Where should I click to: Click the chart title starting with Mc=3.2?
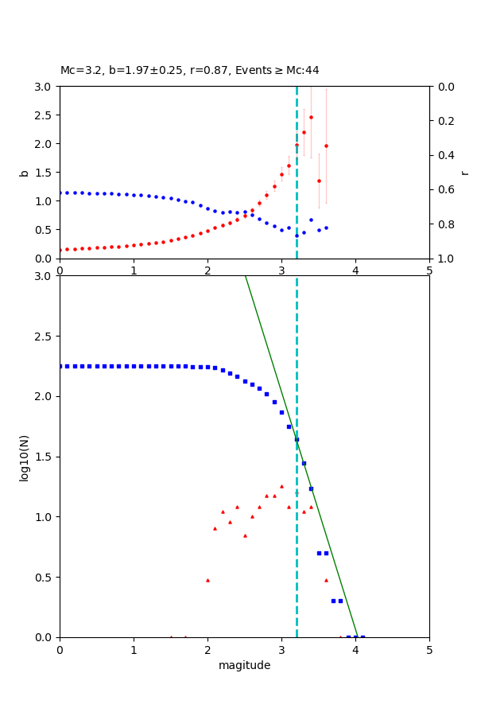click(x=189, y=70)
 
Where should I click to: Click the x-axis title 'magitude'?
click(x=244, y=665)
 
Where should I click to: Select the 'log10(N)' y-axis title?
click(x=24, y=457)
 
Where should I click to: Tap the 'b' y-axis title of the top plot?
click(x=24, y=173)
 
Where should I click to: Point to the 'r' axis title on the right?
click(x=465, y=173)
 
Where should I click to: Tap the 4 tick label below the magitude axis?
click(x=355, y=650)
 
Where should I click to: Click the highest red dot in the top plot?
click(x=311, y=117)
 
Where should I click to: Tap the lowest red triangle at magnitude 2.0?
click(x=207, y=580)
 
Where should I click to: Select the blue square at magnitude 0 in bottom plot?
click(x=60, y=366)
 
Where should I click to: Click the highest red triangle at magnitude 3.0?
click(x=281, y=486)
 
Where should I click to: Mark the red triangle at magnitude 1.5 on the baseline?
click(x=171, y=636)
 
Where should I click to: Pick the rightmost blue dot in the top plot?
click(x=326, y=228)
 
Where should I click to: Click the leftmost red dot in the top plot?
click(x=60, y=250)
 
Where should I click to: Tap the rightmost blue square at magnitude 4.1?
click(x=363, y=636)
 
